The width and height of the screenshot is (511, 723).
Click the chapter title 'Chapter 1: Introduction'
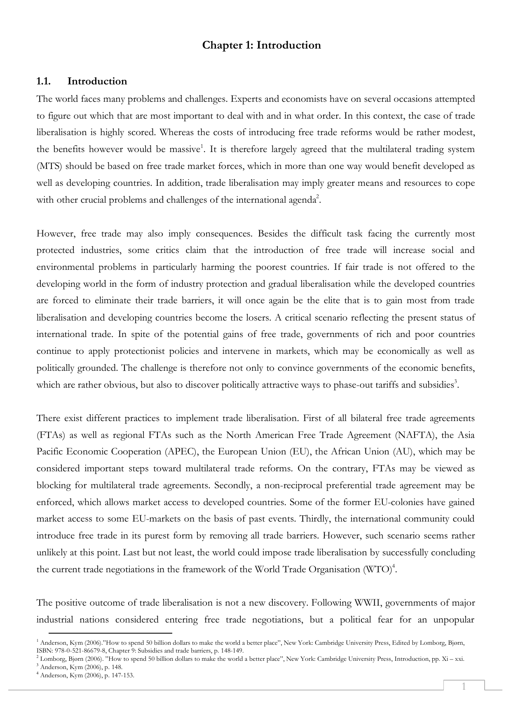point(261,45)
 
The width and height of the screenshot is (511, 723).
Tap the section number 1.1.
point(43,81)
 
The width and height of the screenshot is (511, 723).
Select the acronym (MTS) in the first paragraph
point(49,166)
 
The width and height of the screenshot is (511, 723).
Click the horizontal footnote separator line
point(110,633)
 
